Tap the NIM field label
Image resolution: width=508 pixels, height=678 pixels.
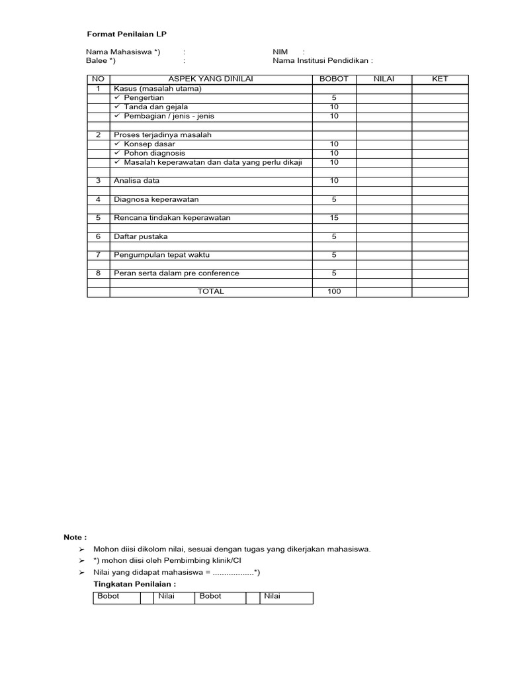point(280,52)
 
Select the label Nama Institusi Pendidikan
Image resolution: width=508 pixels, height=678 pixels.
point(322,61)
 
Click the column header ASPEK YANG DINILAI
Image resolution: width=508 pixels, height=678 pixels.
point(210,79)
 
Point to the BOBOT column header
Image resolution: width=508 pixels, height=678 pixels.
point(334,79)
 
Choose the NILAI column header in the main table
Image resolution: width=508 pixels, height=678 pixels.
point(384,79)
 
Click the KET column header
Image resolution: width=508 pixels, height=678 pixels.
point(440,79)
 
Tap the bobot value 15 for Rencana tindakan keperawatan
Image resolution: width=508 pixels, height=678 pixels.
point(334,218)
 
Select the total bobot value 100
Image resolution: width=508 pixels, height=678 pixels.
point(334,292)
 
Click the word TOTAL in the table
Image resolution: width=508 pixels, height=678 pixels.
point(210,292)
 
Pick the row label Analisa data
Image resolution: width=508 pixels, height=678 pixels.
point(137,181)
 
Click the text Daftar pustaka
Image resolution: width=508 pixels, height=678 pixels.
point(141,236)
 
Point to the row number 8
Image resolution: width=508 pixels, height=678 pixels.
point(98,273)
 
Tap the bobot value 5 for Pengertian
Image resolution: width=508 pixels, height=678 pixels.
point(334,98)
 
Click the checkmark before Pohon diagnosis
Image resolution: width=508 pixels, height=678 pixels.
point(117,153)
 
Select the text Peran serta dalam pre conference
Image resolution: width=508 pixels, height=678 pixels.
point(177,273)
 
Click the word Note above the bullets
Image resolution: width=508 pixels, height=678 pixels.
point(75,538)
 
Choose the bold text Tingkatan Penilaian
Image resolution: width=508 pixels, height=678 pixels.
point(135,585)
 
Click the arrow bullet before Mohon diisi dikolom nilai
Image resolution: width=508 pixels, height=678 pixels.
point(82,550)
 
